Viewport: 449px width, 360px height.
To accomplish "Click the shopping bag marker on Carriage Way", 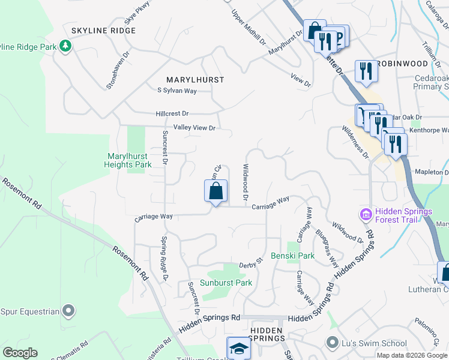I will point(216,192).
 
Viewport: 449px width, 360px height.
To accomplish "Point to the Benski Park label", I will point(292,256).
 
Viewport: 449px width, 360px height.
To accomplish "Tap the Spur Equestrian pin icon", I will point(69,311).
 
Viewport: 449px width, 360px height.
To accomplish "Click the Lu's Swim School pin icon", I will point(332,342).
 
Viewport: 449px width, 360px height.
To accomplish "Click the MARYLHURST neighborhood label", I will point(195,79).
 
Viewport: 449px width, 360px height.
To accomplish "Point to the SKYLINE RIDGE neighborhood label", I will point(103,30).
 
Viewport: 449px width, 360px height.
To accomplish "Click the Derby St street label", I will point(252,263).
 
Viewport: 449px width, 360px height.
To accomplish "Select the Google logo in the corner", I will point(20,353).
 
